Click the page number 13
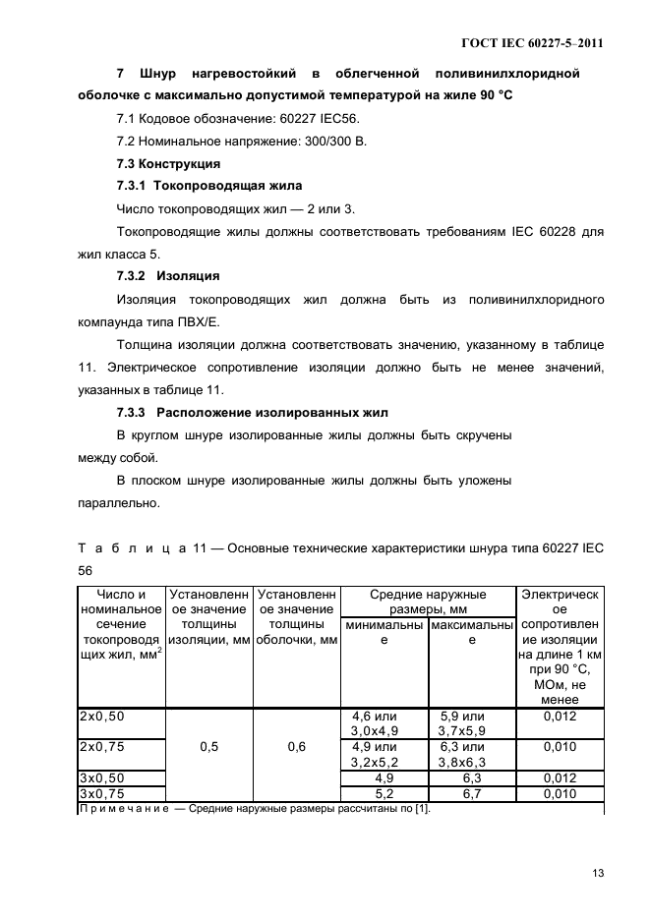(597, 873)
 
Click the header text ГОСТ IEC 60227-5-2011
(533, 43)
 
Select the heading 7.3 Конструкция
(168, 163)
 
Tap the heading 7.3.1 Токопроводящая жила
(209, 185)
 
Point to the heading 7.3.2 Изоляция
(168, 275)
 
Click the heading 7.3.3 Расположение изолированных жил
(253, 411)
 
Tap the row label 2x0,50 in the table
(102, 717)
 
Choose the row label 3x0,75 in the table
(102, 793)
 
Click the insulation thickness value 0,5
(209, 747)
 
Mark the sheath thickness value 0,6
(296, 747)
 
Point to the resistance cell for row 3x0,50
(559, 777)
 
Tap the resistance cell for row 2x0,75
(559, 746)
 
